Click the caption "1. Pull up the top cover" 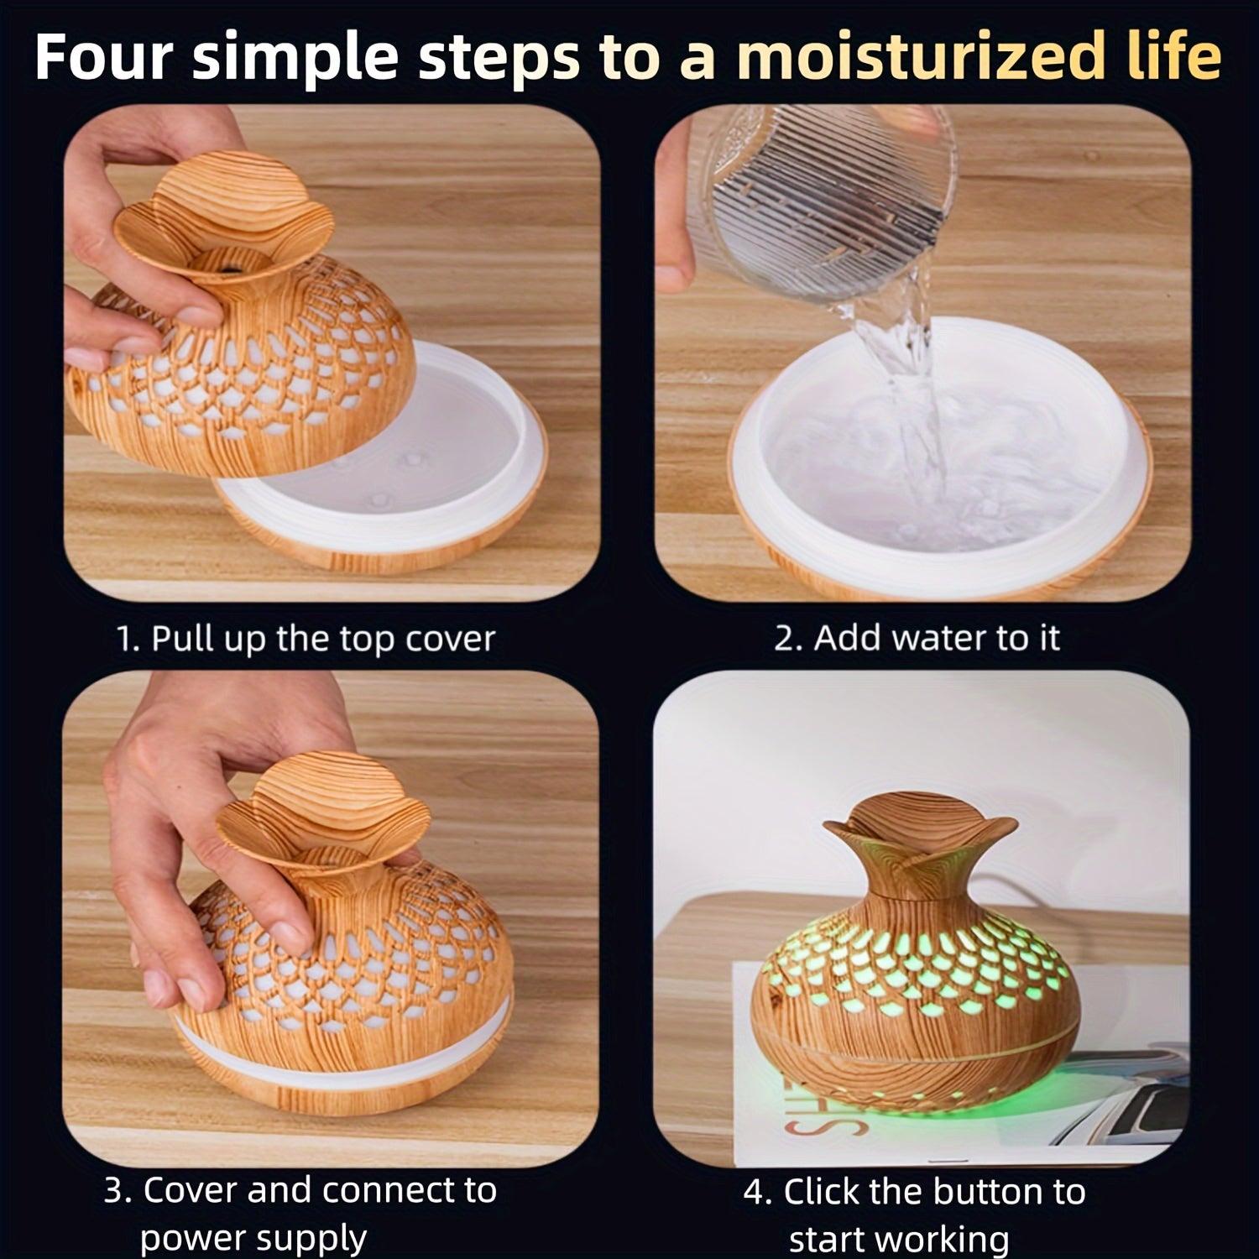click(306, 639)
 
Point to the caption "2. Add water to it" click(917, 639)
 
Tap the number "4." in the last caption click(756, 1192)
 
